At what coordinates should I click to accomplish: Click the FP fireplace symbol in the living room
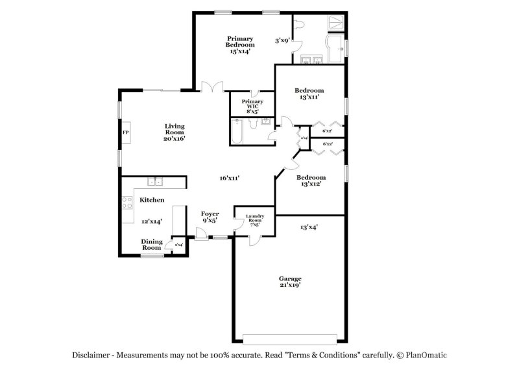pos(126,132)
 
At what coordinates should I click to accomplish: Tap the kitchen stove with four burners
pos(127,201)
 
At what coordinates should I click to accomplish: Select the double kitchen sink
pos(155,182)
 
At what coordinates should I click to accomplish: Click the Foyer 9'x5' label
pos(210,217)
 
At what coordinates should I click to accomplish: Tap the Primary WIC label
pos(252,106)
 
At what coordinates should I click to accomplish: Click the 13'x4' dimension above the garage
pos(309,227)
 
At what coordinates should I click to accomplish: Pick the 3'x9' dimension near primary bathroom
pos(282,40)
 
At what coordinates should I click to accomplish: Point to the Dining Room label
pos(152,244)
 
